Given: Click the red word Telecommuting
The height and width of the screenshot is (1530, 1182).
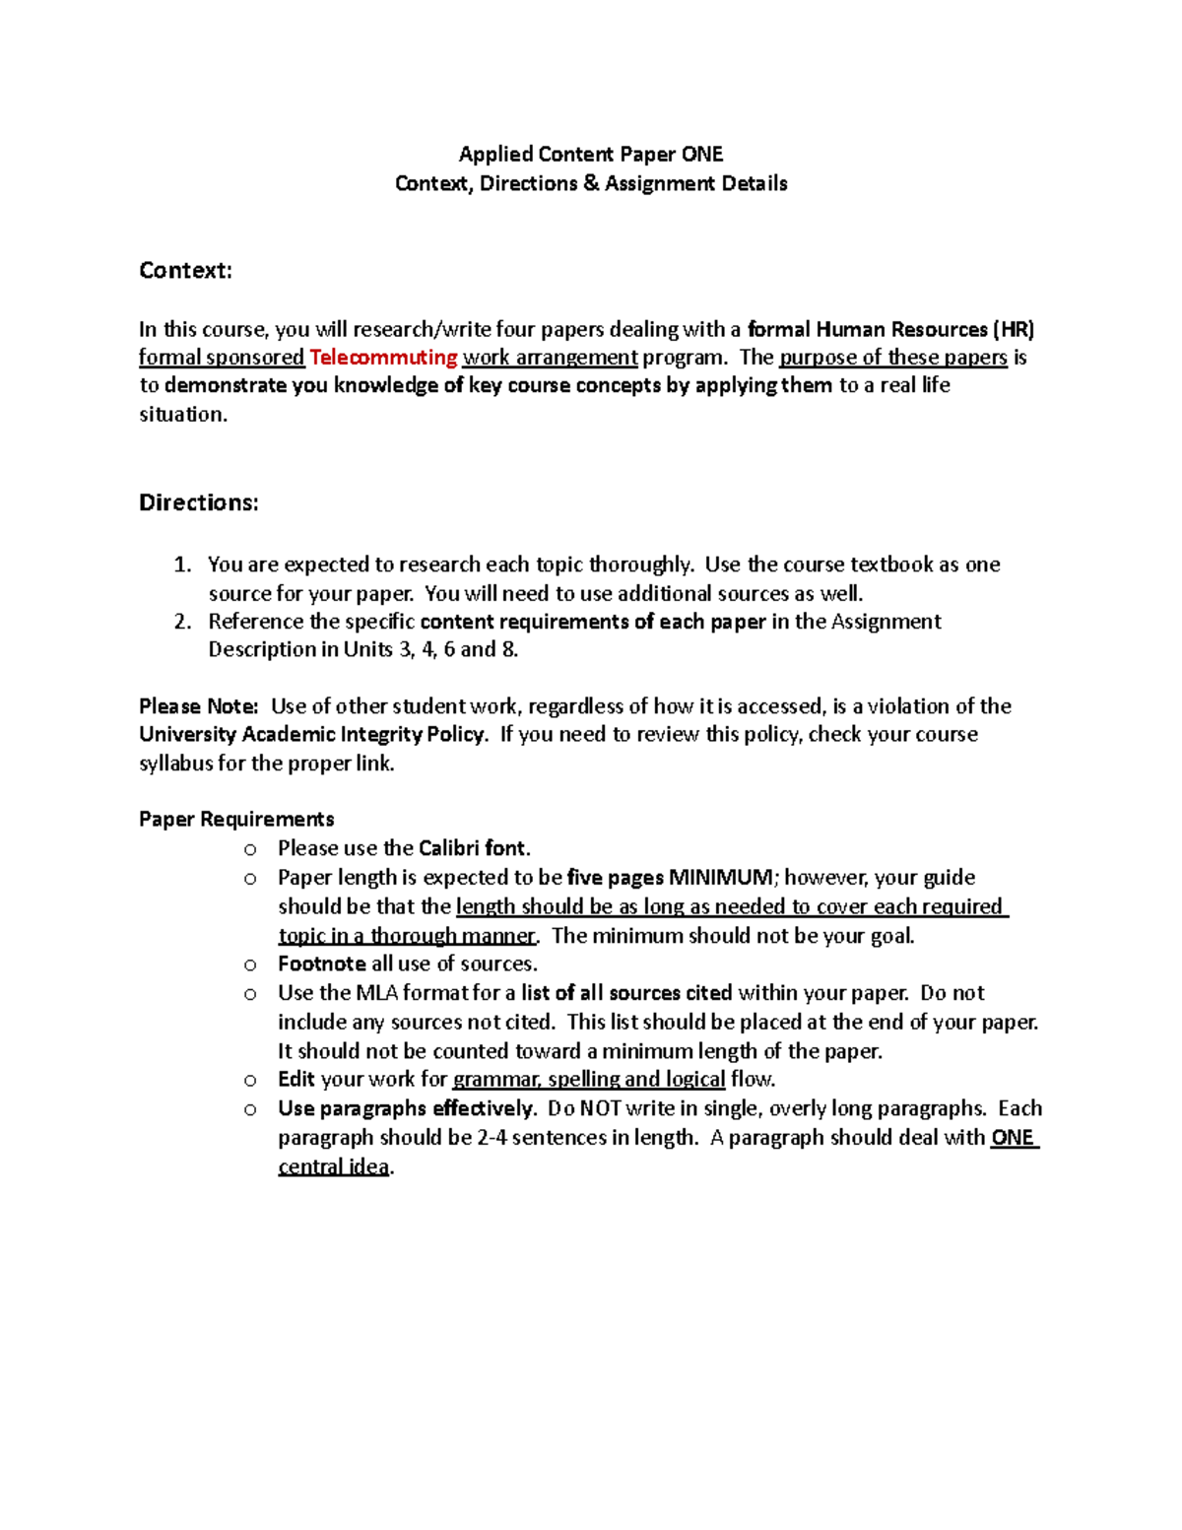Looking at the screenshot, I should click(383, 358).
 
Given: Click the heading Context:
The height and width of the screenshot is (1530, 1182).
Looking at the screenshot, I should click(185, 271).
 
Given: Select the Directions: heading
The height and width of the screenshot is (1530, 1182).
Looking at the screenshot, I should click(198, 502).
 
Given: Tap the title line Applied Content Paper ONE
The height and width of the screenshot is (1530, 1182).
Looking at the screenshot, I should click(591, 154).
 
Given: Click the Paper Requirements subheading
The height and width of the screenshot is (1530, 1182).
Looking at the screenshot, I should click(236, 820).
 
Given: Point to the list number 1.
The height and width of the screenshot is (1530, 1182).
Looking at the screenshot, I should click(181, 565).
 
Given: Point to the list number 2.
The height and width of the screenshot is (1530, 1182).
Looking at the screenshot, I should click(181, 622).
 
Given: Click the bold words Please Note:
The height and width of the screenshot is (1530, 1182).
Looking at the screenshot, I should click(198, 706).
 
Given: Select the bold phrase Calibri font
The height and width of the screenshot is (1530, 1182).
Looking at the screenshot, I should click(474, 848).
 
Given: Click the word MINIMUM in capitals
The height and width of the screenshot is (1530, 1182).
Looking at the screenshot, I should click(722, 878).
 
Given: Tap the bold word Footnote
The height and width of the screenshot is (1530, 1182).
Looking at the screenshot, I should click(322, 964).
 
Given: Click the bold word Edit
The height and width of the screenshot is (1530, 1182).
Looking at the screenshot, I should click(296, 1079).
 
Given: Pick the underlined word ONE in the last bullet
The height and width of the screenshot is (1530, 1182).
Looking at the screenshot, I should click(1013, 1138).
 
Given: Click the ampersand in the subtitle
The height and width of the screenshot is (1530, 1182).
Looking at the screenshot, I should click(591, 183).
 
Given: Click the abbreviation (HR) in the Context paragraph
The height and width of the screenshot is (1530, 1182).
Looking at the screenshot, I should click(1014, 329).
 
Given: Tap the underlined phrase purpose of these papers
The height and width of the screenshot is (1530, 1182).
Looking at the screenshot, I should click(893, 358).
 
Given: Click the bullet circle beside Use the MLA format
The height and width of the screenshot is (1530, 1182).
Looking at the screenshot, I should click(250, 994).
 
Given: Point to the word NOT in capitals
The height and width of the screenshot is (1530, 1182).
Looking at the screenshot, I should click(601, 1108).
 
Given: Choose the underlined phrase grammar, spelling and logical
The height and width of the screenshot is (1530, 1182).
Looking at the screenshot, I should click(589, 1079).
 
